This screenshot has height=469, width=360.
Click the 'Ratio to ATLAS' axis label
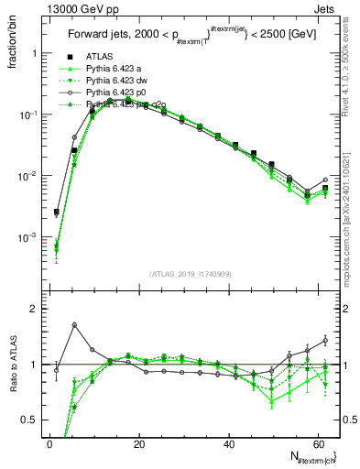coord(13,364)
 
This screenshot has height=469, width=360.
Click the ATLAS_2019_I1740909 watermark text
coord(189,275)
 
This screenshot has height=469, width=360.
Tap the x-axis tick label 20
coord(139,444)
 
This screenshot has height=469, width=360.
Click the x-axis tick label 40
coord(229,444)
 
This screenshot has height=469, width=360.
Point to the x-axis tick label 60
coord(319,444)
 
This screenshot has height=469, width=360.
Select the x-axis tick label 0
coord(49,444)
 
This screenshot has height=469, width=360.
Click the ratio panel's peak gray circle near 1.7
coord(74,325)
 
